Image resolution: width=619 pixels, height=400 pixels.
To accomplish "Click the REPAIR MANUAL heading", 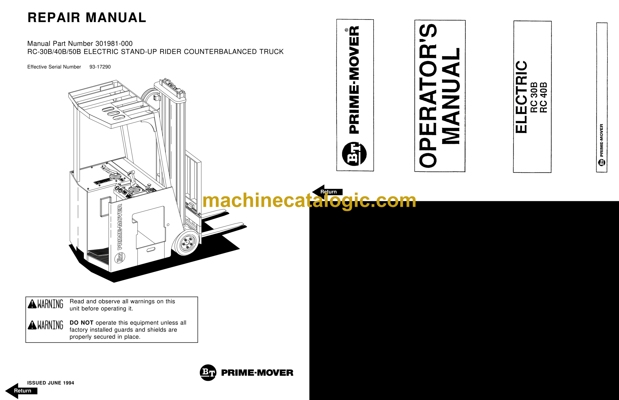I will (87, 18).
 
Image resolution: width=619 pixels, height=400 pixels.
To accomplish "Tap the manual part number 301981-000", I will (114, 44).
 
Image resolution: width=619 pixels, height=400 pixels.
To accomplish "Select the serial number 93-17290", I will (100, 67).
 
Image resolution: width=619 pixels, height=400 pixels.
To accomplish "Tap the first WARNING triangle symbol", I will (32, 304).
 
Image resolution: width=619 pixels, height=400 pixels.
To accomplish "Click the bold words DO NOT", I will (81, 323).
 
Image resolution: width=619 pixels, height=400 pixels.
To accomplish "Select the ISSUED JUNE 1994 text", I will (51, 383).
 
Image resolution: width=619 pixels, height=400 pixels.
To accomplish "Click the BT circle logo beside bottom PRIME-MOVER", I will (208, 372).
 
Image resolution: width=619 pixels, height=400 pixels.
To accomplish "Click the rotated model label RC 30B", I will (533, 97).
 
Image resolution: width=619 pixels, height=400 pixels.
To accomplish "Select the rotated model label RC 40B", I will (544, 97).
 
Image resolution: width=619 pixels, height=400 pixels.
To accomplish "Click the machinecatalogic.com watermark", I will (309, 200).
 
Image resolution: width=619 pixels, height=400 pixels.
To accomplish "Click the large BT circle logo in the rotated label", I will (354, 154).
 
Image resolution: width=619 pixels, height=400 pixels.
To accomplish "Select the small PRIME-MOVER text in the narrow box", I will (601, 140).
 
